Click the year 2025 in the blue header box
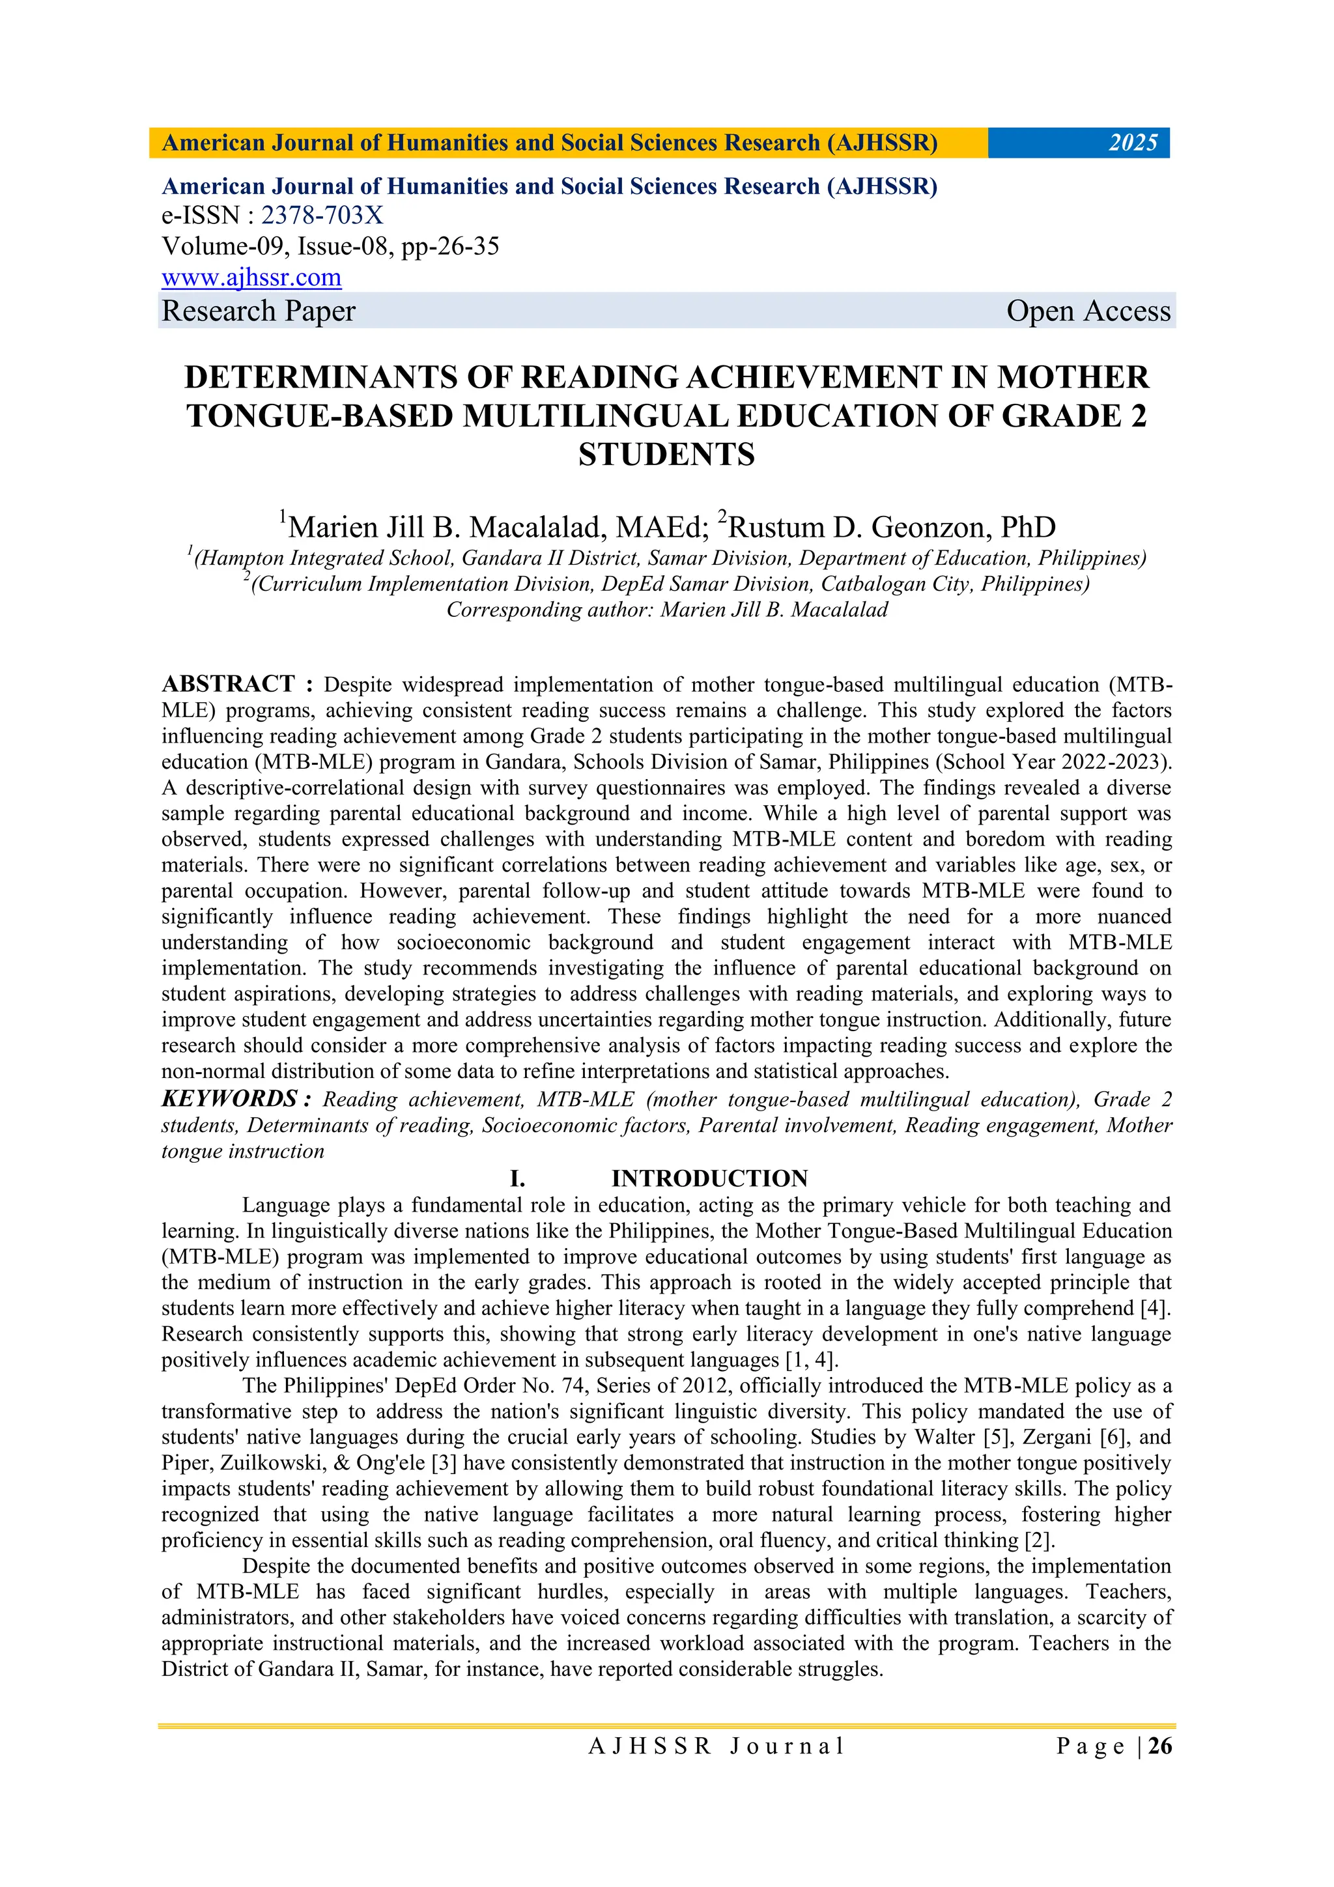(1133, 143)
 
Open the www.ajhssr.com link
(251, 277)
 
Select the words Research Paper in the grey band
(258, 311)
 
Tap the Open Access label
(1087, 311)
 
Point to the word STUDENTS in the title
(666, 455)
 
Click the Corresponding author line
(666, 610)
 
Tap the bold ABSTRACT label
(228, 684)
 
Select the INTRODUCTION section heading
(709, 1178)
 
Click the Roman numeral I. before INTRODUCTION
(517, 1178)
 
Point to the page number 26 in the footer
(1159, 1746)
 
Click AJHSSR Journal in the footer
(716, 1746)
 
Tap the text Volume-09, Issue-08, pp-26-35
(330, 247)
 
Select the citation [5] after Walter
(998, 1438)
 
